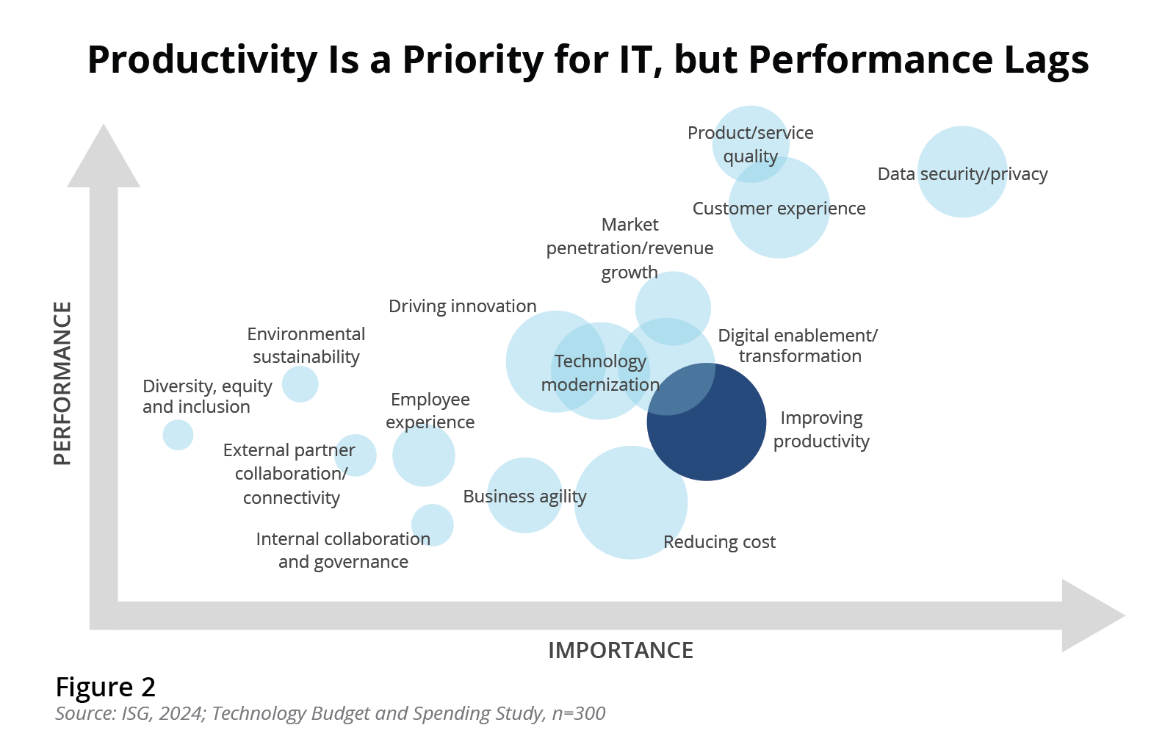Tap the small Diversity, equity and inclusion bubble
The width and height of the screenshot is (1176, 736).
178,435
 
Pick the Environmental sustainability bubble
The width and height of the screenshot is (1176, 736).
300,383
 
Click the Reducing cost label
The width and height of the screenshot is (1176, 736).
719,542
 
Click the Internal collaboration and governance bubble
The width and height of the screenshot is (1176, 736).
432,524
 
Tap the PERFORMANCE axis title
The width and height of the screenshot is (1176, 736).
63,383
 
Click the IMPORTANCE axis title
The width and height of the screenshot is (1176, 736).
620,650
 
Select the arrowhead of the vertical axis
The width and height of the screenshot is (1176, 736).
104,159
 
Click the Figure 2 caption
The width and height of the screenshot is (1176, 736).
106,687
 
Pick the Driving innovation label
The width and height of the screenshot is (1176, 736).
462,306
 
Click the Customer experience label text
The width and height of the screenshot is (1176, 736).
779,209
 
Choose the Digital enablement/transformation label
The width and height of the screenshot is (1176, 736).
798,346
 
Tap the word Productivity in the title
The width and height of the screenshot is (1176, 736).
202,60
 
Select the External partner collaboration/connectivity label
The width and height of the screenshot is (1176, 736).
289,474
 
